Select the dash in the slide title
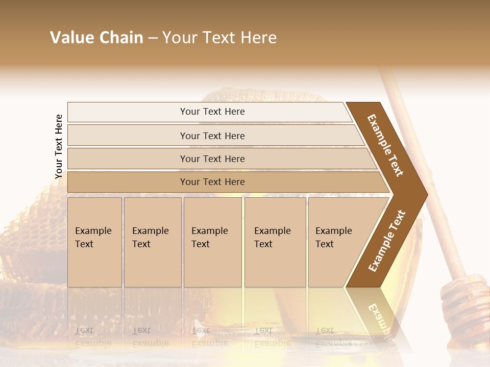153,38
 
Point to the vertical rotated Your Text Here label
59,146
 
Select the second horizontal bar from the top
212,136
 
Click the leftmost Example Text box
94,242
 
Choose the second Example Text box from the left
153,242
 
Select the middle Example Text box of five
212,242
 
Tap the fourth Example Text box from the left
275,242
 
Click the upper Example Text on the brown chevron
385,145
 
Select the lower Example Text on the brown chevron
387,241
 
